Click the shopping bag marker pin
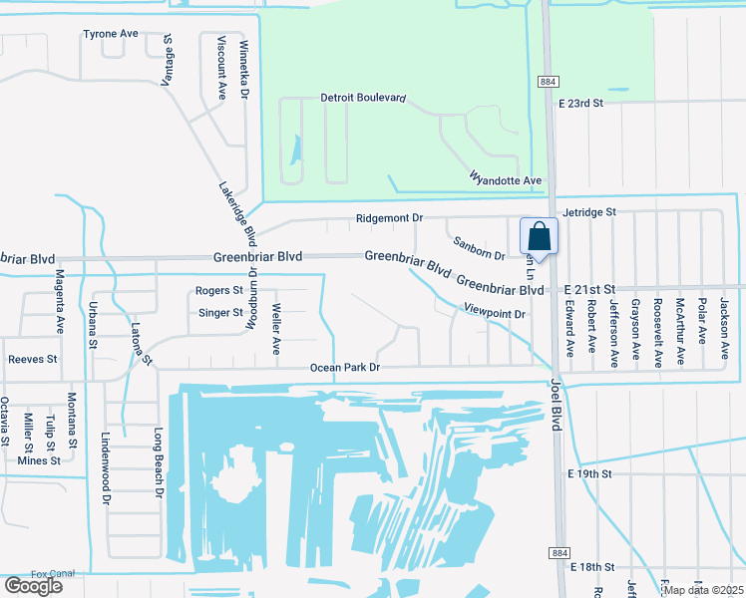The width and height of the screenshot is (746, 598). [539, 237]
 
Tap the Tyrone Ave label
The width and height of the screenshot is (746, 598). [111, 34]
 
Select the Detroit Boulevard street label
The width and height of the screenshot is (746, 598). [363, 98]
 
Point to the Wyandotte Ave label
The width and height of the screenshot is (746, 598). [505, 179]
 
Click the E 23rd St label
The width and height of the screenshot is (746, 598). [581, 103]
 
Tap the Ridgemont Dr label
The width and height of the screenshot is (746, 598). [390, 217]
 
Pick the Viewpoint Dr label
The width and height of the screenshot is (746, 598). [494, 313]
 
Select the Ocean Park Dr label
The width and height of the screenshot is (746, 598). [345, 368]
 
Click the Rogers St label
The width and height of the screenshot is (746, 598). [219, 291]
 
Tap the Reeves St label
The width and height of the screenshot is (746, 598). [33, 359]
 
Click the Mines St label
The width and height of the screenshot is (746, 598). [39, 460]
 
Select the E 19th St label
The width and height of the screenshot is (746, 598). [587, 474]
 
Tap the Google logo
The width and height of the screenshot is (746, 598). [33, 586]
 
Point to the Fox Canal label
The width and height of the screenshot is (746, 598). [54, 574]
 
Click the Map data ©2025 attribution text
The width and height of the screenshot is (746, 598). [704, 590]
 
